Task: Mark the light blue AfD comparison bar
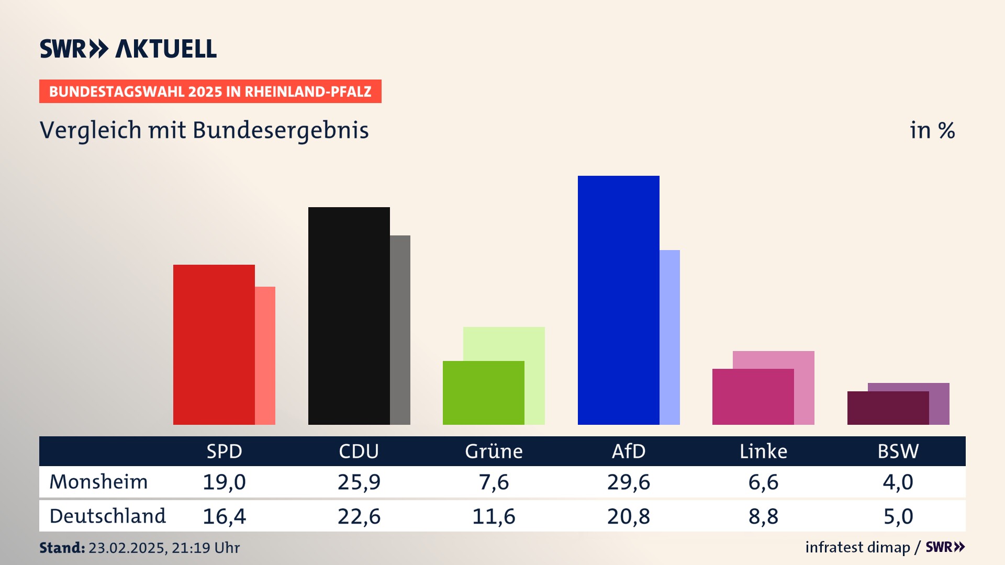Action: pos(669,337)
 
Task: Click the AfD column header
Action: pos(629,451)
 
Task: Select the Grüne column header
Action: pos(494,451)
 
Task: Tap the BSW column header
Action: pos(898,451)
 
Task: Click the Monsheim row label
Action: pos(98,482)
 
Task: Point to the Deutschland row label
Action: pos(107,516)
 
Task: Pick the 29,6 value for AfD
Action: pos(629,482)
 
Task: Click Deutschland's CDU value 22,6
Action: pos(359,516)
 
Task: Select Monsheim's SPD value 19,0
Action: pos(224,482)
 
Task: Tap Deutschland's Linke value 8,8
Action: pos(763,516)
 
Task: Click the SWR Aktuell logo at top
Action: pos(128,49)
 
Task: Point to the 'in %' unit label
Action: pos(932,130)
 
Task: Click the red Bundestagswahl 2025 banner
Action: pos(210,92)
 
